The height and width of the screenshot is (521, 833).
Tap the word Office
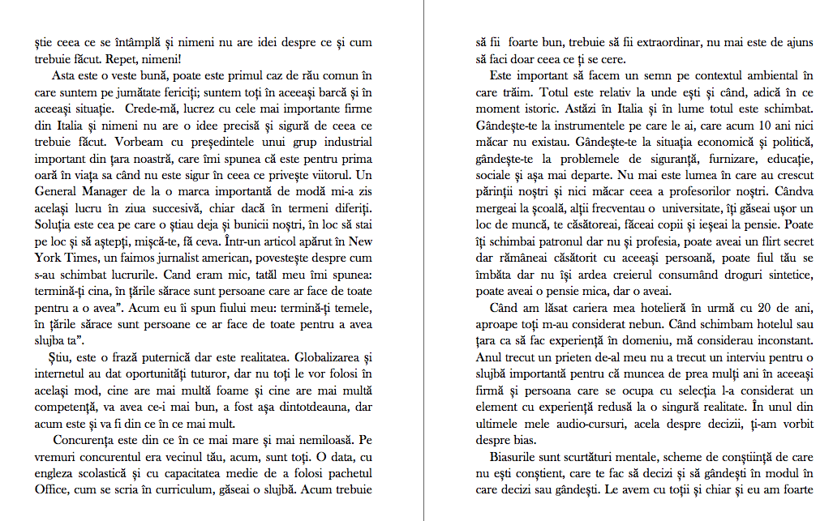(52, 489)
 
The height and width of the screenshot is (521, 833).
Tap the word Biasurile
(520, 456)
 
